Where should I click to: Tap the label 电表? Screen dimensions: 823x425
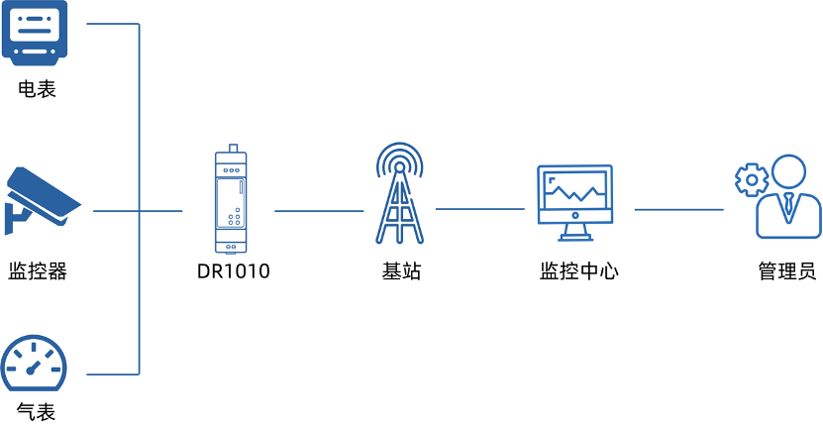(37, 89)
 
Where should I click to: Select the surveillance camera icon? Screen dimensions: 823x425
(43, 201)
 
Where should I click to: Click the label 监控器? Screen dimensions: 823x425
(38, 271)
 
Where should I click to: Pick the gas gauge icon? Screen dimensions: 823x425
(34, 363)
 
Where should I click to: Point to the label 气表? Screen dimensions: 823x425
(37, 411)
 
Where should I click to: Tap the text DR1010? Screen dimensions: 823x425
(234, 271)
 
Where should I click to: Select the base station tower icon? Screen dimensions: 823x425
(399, 193)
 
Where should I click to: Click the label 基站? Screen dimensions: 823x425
(401, 271)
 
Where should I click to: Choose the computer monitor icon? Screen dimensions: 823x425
(574, 203)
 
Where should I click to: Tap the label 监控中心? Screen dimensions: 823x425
(579, 271)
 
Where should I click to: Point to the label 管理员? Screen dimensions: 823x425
(787, 271)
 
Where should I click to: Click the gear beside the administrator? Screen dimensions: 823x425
(752, 180)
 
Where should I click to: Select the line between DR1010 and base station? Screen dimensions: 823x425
(319, 211)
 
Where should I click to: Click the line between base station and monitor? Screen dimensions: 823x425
(479, 209)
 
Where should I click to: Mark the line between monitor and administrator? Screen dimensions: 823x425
(678, 210)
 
